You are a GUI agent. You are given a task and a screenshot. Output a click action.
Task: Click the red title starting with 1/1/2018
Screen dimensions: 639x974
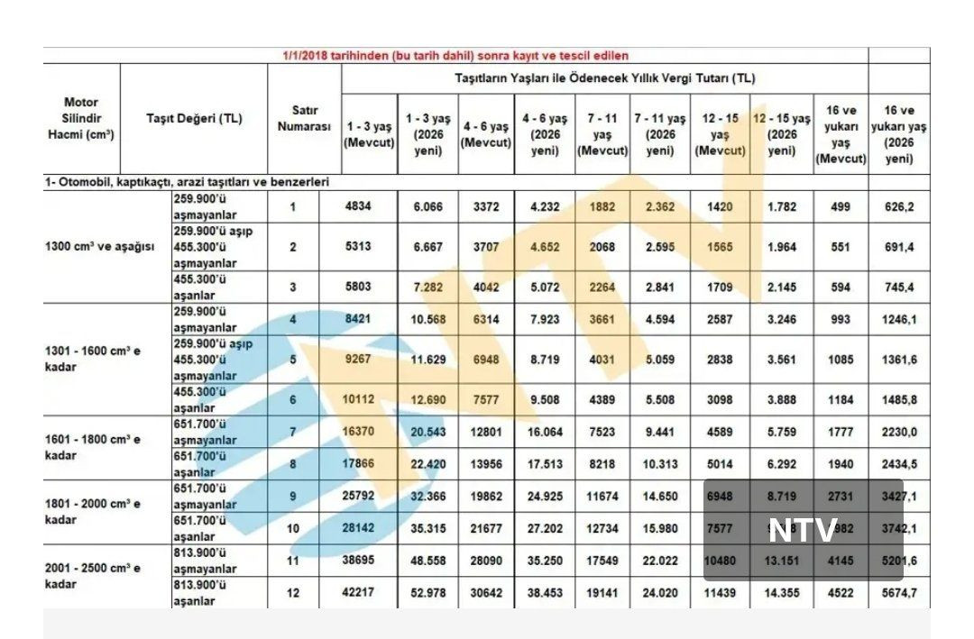click(x=455, y=56)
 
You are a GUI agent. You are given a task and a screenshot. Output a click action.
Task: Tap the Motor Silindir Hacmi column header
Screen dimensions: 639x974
click(x=81, y=118)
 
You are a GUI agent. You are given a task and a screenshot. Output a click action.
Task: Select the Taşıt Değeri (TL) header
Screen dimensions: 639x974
click(x=194, y=118)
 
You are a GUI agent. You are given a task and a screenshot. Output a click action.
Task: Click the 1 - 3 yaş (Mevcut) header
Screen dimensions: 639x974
click(x=370, y=132)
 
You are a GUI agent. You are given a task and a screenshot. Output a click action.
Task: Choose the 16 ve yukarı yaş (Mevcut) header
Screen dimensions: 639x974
click(x=841, y=133)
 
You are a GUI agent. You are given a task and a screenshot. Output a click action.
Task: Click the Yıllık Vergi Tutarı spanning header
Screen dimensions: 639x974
click(x=604, y=78)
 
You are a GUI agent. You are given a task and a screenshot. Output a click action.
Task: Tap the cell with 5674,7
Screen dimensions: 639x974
click(x=899, y=592)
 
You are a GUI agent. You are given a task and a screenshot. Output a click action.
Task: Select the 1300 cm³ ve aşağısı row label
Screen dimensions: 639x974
click(x=100, y=247)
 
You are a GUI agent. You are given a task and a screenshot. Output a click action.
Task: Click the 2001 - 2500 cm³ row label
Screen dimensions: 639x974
click(x=93, y=576)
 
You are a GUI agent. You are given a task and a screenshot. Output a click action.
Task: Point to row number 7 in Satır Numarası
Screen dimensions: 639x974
click(x=292, y=432)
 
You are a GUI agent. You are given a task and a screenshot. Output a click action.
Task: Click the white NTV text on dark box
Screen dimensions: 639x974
click(x=803, y=530)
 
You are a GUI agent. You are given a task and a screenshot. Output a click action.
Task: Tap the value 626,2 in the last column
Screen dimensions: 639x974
click(x=899, y=206)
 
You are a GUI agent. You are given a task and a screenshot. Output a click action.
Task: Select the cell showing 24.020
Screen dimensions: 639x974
click(x=661, y=592)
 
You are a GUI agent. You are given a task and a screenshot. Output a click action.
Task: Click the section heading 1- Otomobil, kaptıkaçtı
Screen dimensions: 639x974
click(x=188, y=182)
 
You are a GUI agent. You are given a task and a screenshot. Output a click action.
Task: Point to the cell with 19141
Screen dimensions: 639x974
click(x=602, y=592)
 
